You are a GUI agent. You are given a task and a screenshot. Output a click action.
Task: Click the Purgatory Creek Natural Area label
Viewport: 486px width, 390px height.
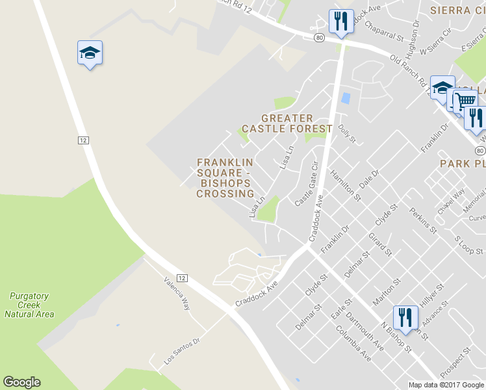coord(29,305)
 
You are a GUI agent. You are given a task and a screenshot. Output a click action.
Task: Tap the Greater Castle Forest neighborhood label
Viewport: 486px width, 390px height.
coord(287,123)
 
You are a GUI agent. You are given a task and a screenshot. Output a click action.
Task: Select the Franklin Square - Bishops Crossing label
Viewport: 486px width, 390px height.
coord(225,177)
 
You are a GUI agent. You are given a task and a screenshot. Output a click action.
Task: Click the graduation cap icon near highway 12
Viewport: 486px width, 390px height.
coord(90,54)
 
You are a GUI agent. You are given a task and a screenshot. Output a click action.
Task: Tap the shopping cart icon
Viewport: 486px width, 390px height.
coord(465,101)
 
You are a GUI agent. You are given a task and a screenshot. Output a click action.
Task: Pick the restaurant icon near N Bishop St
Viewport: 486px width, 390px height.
coord(405,318)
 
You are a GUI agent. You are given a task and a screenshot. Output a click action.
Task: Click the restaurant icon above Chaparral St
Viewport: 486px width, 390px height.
coord(340,22)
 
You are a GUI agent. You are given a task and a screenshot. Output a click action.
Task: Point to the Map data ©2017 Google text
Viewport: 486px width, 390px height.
coord(446,385)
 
